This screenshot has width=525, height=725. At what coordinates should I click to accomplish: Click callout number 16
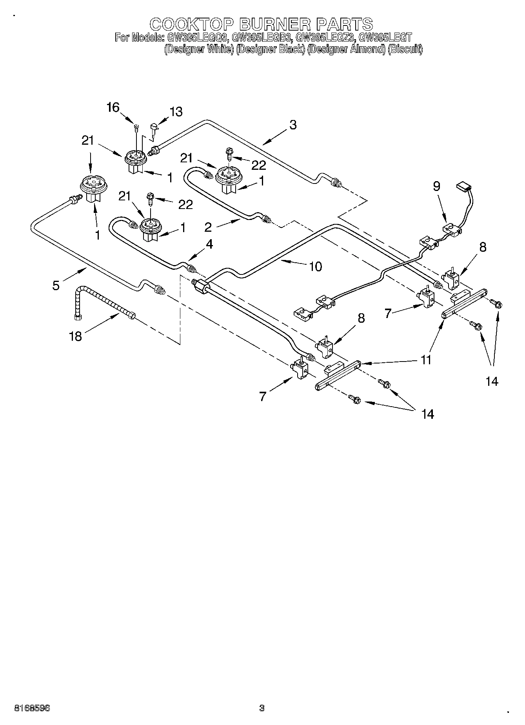click(x=113, y=107)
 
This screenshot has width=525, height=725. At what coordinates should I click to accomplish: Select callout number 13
click(x=176, y=112)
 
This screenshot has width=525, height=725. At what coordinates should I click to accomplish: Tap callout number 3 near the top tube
click(x=293, y=125)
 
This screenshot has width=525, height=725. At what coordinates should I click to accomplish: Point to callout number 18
click(x=75, y=336)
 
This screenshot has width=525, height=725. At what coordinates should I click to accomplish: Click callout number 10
click(x=315, y=266)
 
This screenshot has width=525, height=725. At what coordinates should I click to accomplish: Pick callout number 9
click(x=436, y=187)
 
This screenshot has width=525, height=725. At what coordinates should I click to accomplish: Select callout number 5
click(x=56, y=285)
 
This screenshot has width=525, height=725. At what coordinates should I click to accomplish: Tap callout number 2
click(x=208, y=227)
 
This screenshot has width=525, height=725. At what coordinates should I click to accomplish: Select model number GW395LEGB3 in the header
click(x=262, y=38)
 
